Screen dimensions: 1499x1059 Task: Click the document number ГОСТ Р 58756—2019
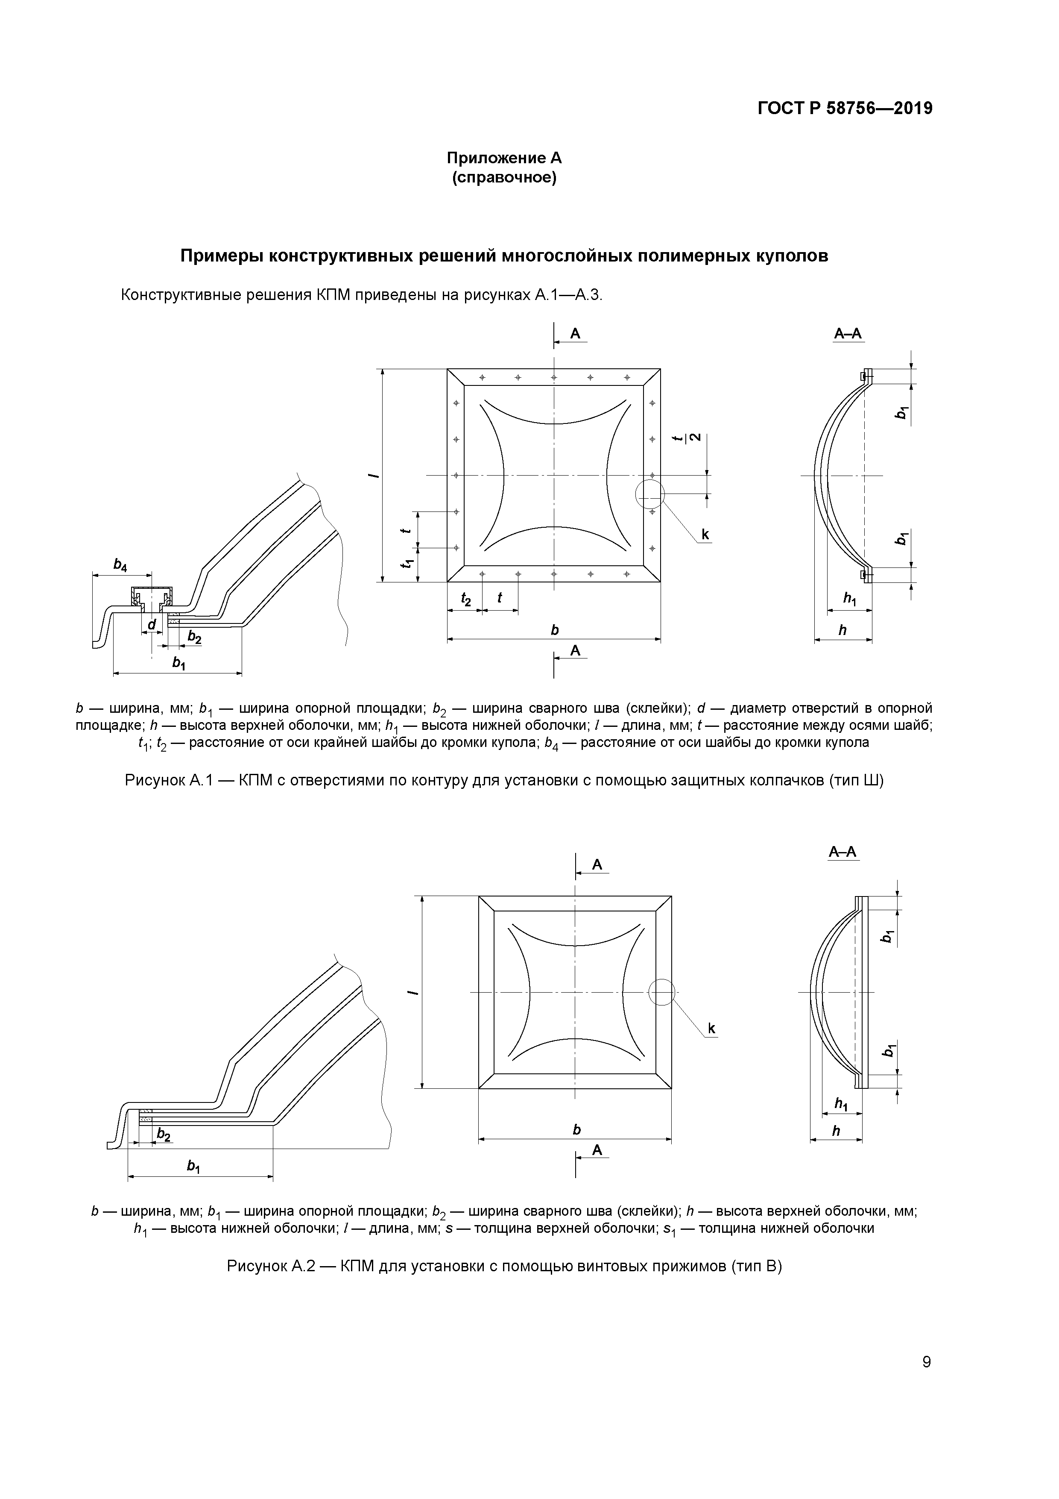[x=845, y=109]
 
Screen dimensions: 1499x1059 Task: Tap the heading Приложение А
[x=504, y=158]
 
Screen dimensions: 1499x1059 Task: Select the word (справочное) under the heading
[x=504, y=178]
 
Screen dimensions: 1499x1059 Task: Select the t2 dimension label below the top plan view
[x=466, y=598]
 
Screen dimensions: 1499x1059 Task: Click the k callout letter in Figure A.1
[x=705, y=535]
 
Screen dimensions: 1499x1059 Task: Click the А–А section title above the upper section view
[x=848, y=334]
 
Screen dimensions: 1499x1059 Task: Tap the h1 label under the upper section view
[x=850, y=598]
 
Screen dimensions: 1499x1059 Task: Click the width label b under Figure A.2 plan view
[x=576, y=1129]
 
